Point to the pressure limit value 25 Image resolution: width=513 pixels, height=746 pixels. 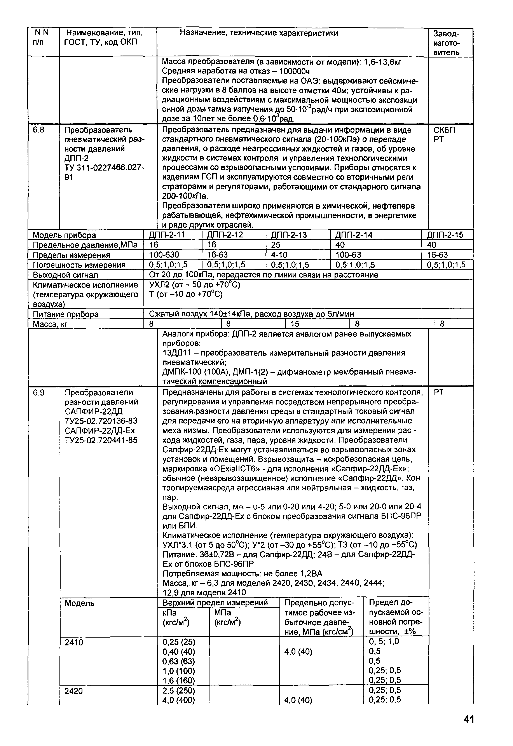pyautogui.click(x=276, y=245)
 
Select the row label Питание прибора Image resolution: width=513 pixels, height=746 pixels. pyautogui.click(x=66, y=314)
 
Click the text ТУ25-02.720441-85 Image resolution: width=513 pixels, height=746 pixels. pyautogui.click(x=101, y=440)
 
